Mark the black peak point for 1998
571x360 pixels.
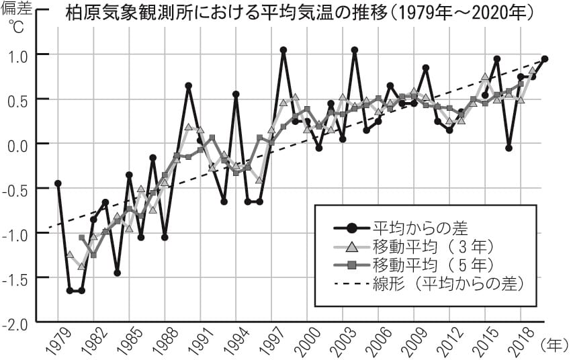coord(283,50)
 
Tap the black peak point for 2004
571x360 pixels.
coord(355,50)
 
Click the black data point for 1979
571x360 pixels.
coord(58,183)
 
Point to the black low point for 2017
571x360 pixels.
coord(509,148)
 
